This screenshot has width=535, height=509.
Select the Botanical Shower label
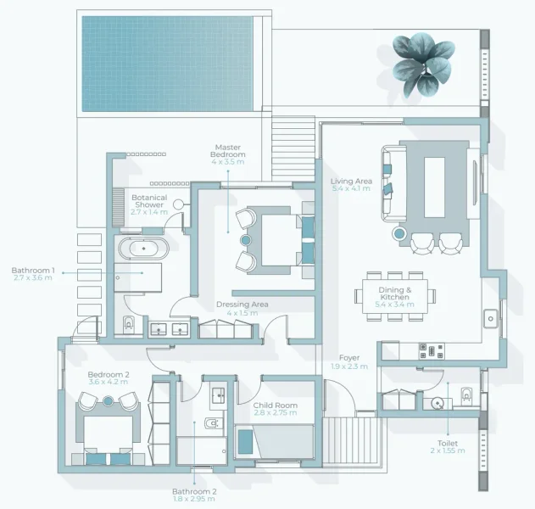click(x=148, y=204)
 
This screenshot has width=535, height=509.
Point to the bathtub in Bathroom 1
click(x=142, y=249)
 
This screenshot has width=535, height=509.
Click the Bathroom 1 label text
click(x=33, y=274)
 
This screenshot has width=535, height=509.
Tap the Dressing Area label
click(x=242, y=308)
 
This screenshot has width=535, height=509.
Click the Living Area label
click(x=351, y=185)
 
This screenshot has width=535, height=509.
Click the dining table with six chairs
click(x=398, y=295)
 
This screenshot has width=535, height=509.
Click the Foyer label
click(x=349, y=362)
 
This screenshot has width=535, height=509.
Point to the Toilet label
click(x=447, y=446)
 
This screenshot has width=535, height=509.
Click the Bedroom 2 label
click(x=108, y=378)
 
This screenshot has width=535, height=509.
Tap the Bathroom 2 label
click(x=194, y=495)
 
